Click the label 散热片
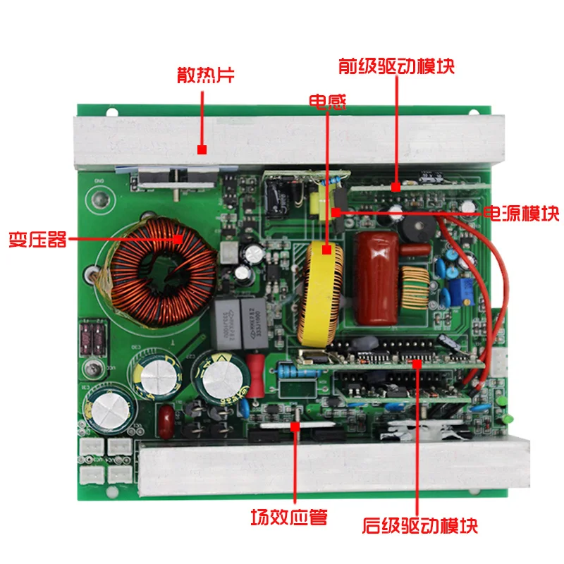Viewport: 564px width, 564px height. pos(206,75)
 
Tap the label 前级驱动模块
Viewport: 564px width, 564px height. pos(396,66)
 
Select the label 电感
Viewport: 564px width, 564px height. pos(328,102)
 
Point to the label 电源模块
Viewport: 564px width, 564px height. pos(521,214)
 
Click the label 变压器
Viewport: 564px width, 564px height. pos(38,239)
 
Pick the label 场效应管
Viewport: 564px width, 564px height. pos(289,517)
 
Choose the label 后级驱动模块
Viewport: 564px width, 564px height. pos(419,525)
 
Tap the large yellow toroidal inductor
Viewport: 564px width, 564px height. pos(320,294)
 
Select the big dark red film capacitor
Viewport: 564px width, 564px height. pos(376,278)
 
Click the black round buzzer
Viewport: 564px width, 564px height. pos(417,228)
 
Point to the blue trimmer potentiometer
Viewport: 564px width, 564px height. pos(460,291)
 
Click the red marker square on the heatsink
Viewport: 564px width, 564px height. pos(202,149)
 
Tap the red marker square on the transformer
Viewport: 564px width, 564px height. pos(178,239)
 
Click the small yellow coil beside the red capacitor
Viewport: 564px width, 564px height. pos(415,288)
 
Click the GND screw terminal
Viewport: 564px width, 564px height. pos(100,199)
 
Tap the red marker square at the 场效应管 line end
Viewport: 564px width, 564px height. pos(295,427)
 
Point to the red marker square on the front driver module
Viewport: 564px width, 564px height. pos(396,187)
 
